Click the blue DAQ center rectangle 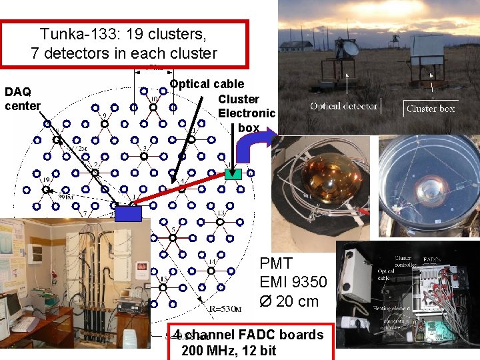point(129,213)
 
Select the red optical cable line point(180,193)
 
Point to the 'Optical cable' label point(207,84)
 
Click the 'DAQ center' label point(22,99)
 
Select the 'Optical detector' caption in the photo point(344,106)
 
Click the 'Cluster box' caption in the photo point(431,108)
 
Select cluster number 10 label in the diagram point(153,100)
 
